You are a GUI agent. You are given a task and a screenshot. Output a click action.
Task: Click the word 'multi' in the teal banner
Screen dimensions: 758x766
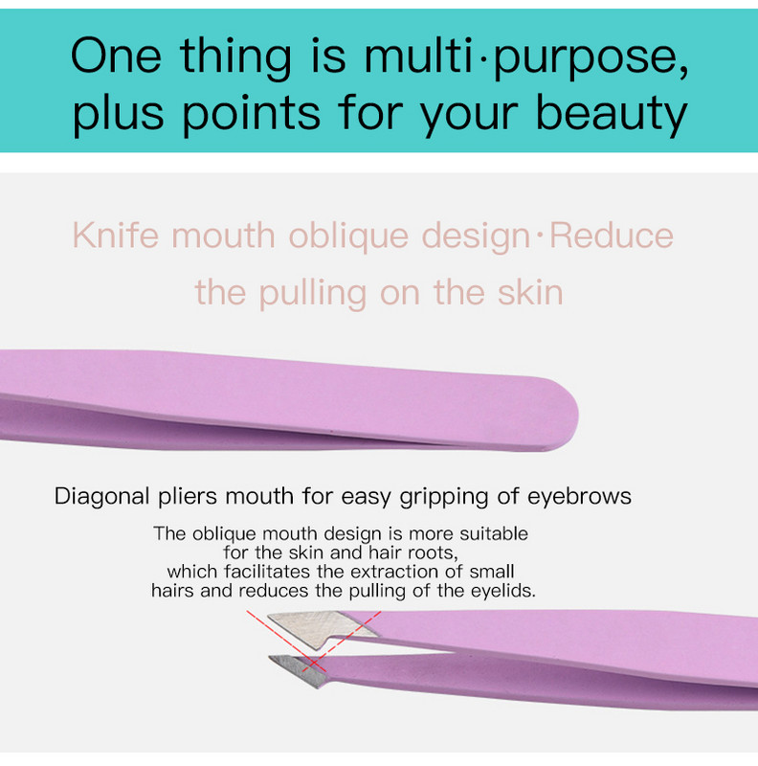point(418,56)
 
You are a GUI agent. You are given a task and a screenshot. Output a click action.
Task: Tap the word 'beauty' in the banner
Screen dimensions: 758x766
point(612,115)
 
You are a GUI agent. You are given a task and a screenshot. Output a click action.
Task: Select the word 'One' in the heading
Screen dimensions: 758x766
point(116,56)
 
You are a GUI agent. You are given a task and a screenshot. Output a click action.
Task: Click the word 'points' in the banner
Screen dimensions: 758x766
point(251,115)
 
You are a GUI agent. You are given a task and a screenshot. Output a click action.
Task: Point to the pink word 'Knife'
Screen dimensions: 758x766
point(116,236)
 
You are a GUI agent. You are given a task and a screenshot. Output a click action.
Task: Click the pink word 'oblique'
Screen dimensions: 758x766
point(348,237)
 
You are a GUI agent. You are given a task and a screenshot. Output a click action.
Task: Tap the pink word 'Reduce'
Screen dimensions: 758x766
point(612,236)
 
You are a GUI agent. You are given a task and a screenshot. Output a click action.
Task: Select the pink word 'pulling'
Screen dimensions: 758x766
point(313,294)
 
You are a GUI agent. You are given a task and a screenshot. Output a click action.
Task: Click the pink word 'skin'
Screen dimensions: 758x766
point(530,293)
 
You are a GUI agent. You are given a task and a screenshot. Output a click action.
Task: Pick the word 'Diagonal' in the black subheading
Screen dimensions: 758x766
point(101,497)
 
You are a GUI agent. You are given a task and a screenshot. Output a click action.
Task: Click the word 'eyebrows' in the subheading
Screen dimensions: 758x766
point(579,496)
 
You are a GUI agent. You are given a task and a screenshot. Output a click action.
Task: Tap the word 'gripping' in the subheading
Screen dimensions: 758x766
point(444,497)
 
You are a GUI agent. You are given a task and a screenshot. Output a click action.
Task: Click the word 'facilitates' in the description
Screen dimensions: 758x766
point(267,571)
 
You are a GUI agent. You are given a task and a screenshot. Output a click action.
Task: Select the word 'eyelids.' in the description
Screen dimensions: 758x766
point(503,591)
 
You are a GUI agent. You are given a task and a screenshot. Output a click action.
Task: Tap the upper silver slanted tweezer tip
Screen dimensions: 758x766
point(320,629)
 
